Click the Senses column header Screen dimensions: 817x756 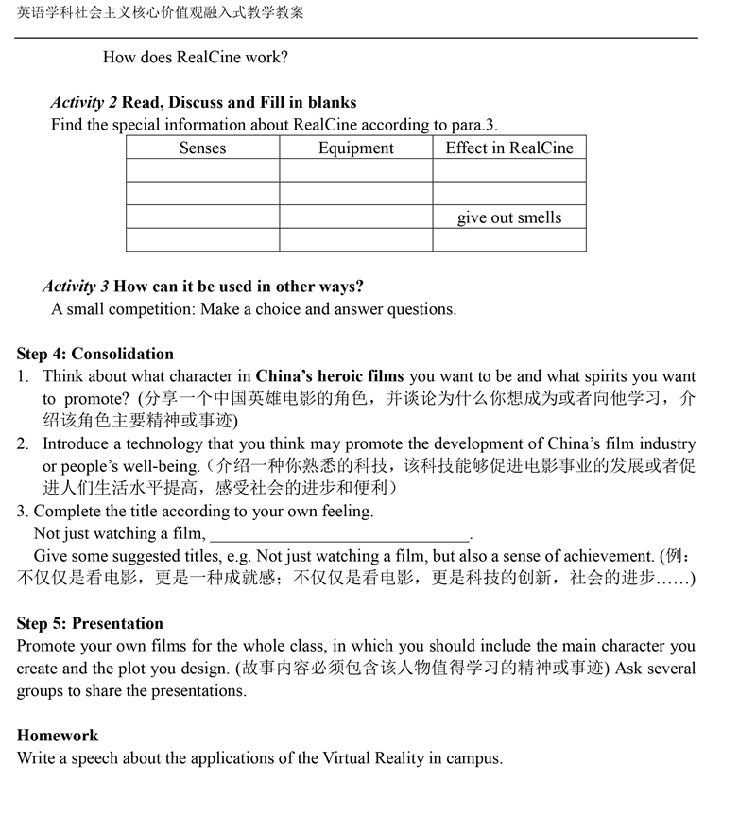[x=202, y=148]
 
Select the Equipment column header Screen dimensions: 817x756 [x=355, y=148]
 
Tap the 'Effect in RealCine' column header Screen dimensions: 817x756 [x=509, y=148]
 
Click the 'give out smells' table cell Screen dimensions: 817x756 [x=509, y=217]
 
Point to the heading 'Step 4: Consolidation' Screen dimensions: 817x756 [x=94, y=354]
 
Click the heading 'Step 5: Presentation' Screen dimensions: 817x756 [x=90, y=623]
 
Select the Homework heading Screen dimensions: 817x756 [x=58, y=735]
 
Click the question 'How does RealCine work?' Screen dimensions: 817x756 [x=196, y=57]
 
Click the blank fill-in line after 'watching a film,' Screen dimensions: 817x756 [x=339, y=534]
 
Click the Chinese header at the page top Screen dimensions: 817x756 [x=161, y=13]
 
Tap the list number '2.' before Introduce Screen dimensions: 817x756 [x=23, y=443]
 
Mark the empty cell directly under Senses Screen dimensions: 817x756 [x=202, y=170]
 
